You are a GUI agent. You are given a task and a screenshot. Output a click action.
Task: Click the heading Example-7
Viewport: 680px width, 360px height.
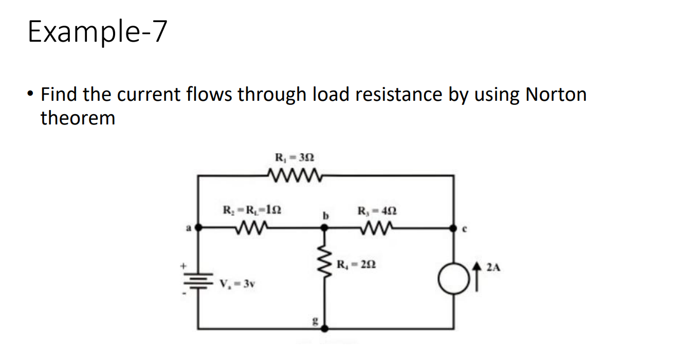tap(98, 32)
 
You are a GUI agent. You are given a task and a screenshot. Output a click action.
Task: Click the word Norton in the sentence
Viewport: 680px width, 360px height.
tap(556, 95)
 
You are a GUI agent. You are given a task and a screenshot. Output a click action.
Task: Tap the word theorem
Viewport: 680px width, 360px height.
tap(78, 118)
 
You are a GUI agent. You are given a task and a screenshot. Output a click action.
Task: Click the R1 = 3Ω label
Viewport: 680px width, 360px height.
tap(292, 158)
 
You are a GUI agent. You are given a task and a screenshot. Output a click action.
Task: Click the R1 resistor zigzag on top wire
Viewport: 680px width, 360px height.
tap(293, 176)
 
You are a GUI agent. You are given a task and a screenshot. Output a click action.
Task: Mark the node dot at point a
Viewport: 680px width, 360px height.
tap(199, 227)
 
